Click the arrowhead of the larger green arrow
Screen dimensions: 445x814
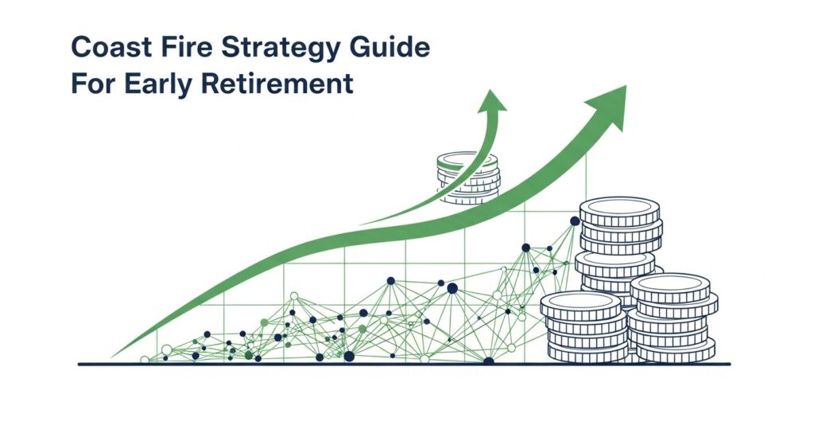tap(610, 103)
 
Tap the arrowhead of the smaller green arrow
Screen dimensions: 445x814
tap(493, 100)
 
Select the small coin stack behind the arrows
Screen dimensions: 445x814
tap(467, 178)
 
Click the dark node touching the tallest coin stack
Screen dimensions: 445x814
tap(575, 221)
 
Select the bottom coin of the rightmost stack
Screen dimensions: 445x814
tap(676, 351)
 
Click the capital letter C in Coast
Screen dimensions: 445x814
tap(82, 49)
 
